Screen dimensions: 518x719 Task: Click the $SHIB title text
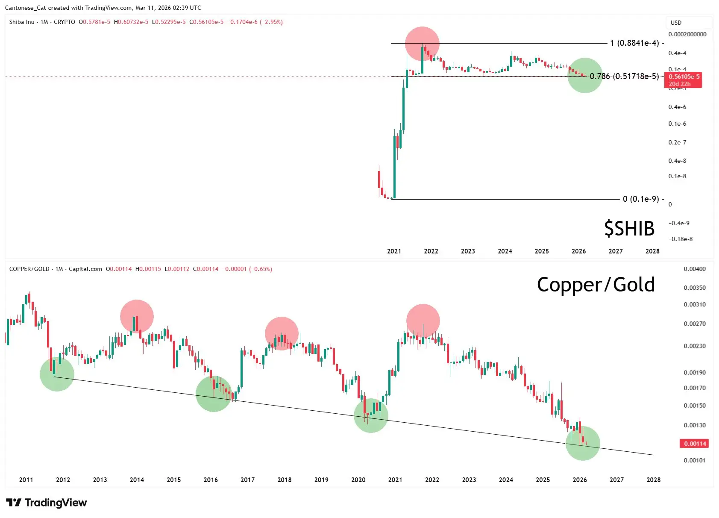[x=629, y=229]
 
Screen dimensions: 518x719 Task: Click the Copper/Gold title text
[x=596, y=285]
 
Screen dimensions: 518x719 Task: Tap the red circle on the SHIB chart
[x=422, y=44]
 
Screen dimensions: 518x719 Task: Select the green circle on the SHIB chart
[x=585, y=75]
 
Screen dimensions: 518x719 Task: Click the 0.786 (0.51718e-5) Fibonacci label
[x=624, y=77]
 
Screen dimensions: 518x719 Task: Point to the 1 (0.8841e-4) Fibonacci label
[x=634, y=43]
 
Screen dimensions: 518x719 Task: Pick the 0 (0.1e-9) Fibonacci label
[x=641, y=199]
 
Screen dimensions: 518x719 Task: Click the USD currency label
[x=676, y=23]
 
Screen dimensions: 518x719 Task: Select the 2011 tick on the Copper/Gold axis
[x=26, y=480]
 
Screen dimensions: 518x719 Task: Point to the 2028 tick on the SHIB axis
[x=652, y=251]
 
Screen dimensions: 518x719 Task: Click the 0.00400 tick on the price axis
[x=695, y=269]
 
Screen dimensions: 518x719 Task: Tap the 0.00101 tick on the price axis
[x=695, y=461]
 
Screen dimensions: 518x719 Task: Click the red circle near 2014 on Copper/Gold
[x=137, y=316]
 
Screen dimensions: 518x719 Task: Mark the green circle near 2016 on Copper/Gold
[x=214, y=394]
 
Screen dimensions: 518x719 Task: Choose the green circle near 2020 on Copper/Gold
[x=371, y=415]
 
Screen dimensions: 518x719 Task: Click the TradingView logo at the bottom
[x=47, y=503]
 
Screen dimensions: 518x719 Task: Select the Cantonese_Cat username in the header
[x=25, y=8]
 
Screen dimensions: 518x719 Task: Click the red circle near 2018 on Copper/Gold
[x=282, y=333]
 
